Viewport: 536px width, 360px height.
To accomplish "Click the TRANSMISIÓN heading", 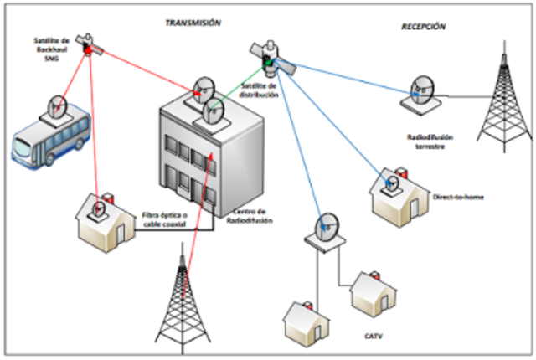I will point(193,23).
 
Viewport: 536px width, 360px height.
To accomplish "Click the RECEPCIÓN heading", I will point(423,27).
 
